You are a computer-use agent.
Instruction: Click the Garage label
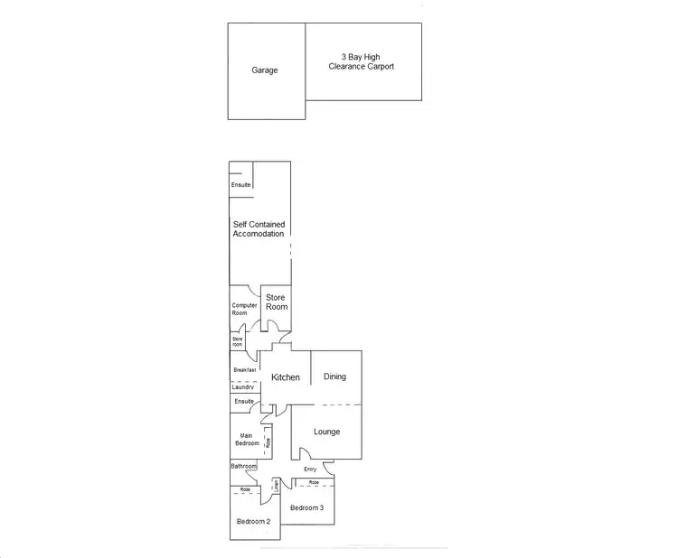point(265,70)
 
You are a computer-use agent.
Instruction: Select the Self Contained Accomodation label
point(259,228)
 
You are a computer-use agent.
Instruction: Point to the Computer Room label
point(245,309)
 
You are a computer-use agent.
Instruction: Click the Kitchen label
point(286,377)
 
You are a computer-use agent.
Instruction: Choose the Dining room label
point(334,377)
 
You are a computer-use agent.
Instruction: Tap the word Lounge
point(326,432)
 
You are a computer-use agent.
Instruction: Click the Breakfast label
point(245,370)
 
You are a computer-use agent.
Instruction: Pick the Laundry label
point(243,387)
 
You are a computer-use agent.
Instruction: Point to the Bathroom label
point(243,467)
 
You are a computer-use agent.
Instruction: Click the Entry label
point(310,470)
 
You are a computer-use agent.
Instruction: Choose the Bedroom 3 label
point(306,508)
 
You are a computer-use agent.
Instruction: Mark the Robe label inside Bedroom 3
point(314,483)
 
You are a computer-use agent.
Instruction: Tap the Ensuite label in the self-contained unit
point(240,184)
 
